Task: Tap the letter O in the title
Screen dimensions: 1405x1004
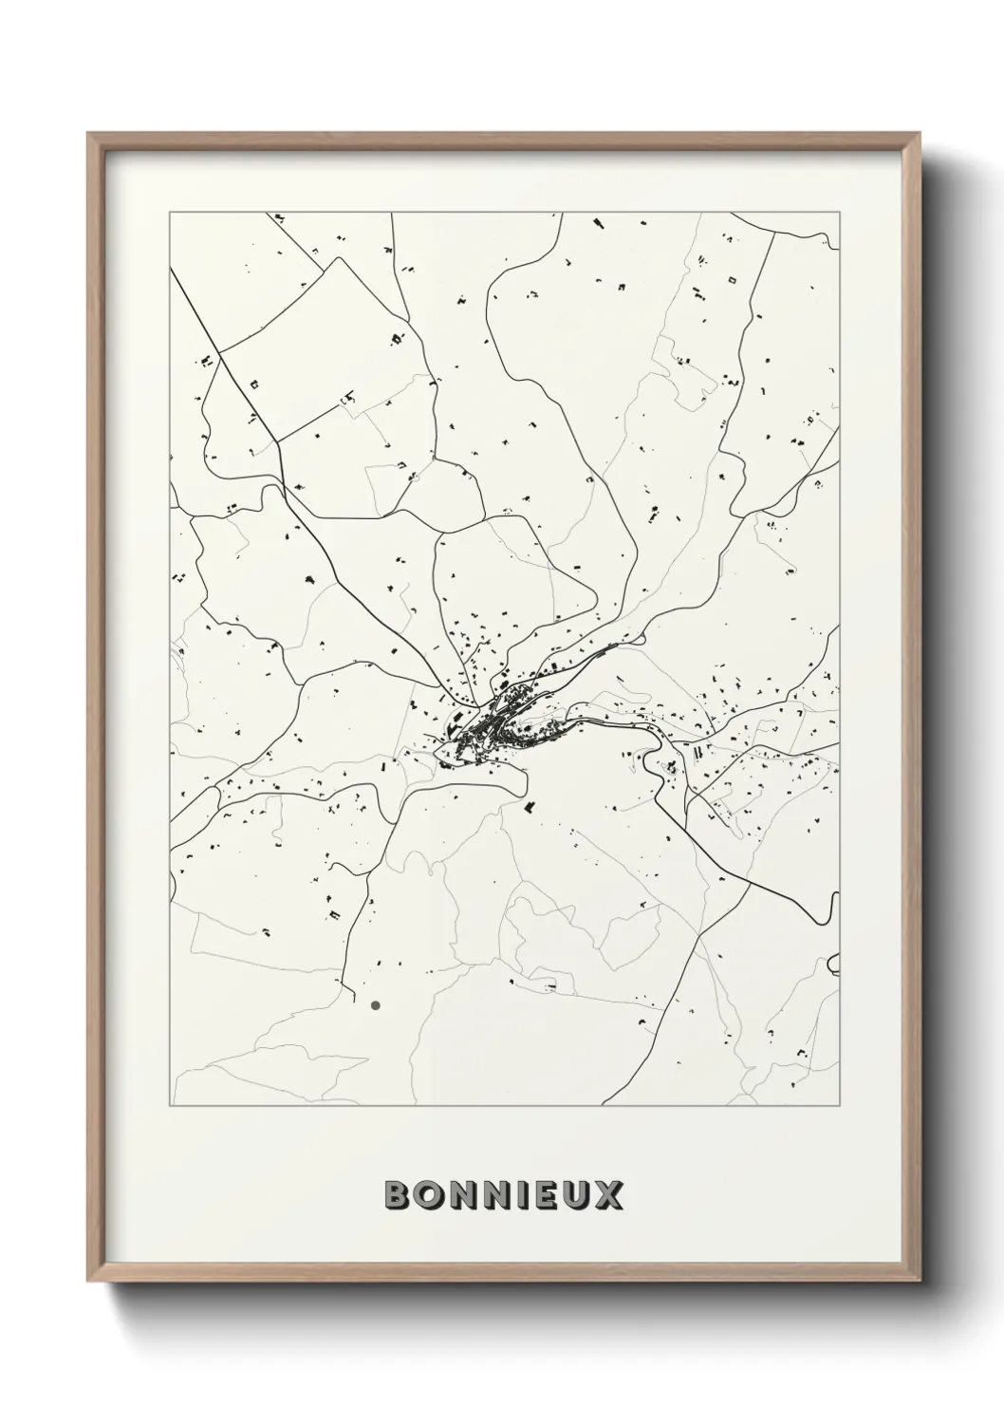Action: pos(429,1195)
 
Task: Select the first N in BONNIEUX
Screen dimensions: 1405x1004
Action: pos(461,1195)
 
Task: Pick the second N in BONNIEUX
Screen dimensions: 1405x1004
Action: pos(495,1195)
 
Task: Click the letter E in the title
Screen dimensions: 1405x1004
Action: pos(544,1195)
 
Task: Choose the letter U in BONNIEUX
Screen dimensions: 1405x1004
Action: pos(575,1195)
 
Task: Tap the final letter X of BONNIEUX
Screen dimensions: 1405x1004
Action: pos(608,1195)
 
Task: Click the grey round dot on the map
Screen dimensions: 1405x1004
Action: pos(376,1004)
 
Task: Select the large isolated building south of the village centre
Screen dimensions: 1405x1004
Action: pos(530,807)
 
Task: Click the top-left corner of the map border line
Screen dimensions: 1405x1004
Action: pos(170,214)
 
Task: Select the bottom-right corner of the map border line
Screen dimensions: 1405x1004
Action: pos(839,1105)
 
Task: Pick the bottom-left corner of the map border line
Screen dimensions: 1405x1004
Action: pos(170,1105)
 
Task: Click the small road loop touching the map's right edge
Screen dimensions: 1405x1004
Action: pos(832,964)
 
